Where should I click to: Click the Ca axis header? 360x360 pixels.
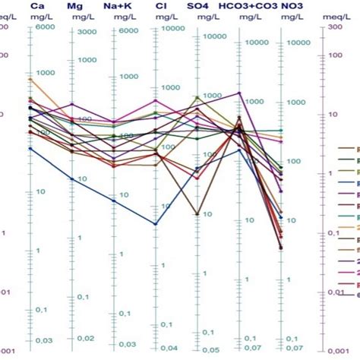(x=36, y=6)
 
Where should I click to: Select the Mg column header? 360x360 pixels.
(x=75, y=6)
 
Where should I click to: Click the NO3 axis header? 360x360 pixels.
(x=292, y=6)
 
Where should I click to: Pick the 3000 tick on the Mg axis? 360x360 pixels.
(x=86, y=32)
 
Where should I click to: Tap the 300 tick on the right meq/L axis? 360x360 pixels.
(x=337, y=27)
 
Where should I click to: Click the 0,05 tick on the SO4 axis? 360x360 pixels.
(x=209, y=348)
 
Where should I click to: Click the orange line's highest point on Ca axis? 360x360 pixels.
(x=30, y=78)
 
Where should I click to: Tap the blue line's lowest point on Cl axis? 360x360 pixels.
(x=155, y=224)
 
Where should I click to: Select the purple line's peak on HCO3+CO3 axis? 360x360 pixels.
(x=239, y=93)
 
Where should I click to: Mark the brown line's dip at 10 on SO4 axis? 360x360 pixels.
(x=197, y=214)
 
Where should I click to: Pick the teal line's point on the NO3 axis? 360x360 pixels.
(x=281, y=130)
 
